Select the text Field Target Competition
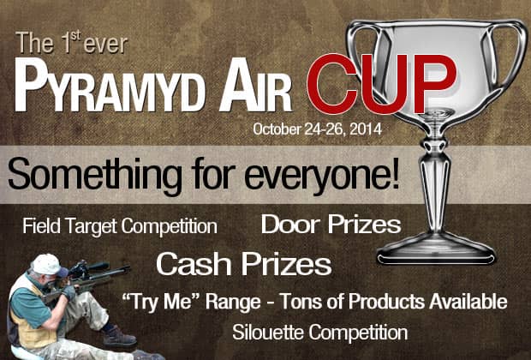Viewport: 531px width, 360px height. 120,227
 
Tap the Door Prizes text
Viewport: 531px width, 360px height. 331,225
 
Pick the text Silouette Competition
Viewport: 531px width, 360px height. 319,331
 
